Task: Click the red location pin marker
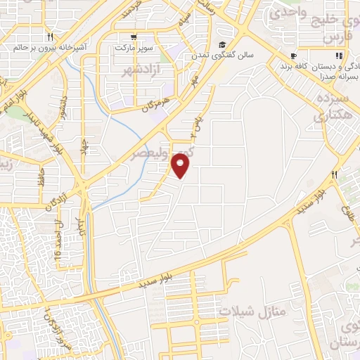[182, 166]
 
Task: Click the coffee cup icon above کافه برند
[293, 56]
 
